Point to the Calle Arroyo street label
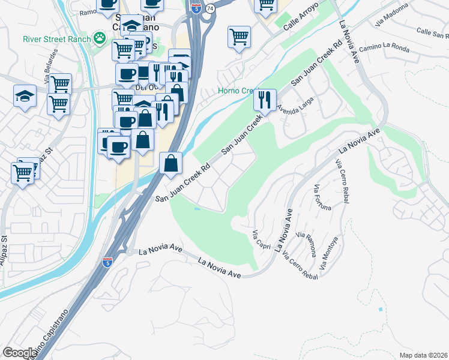[x=299, y=24]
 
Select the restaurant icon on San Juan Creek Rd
[x=265, y=99]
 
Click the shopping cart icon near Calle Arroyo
[x=239, y=37]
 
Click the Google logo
[x=19, y=353]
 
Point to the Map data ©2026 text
[x=423, y=355]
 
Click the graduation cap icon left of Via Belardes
[x=25, y=96]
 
